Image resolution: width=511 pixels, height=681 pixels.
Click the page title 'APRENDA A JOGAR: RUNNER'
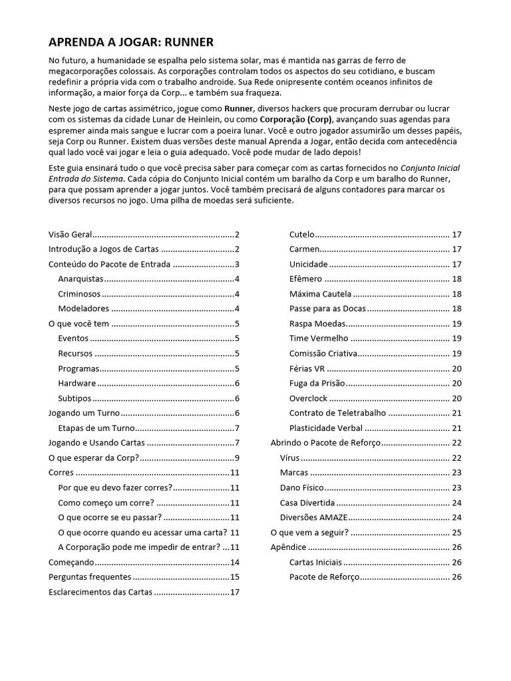pos(131,43)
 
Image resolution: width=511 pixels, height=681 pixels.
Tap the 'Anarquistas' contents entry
pos(81,279)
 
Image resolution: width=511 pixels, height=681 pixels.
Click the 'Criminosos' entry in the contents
pos(79,294)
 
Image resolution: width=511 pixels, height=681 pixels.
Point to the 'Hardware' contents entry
pos(77,383)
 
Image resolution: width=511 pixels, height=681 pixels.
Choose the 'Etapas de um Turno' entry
pos(96,428)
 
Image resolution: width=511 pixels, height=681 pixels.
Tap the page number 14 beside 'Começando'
pos(234,562)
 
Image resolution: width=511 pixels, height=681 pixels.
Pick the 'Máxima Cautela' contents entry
pos(320,294)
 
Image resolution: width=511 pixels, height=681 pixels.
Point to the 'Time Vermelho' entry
pos(315,339)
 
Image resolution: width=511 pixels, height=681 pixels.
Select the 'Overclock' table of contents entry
pos(309,398)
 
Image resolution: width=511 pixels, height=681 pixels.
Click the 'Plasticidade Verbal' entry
pos(326,428)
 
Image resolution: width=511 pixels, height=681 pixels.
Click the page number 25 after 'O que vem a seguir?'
pos(456,532)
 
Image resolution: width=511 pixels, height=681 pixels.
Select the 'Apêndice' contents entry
pos(288,547)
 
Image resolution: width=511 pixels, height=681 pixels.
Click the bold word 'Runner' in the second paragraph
pos(239,108)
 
